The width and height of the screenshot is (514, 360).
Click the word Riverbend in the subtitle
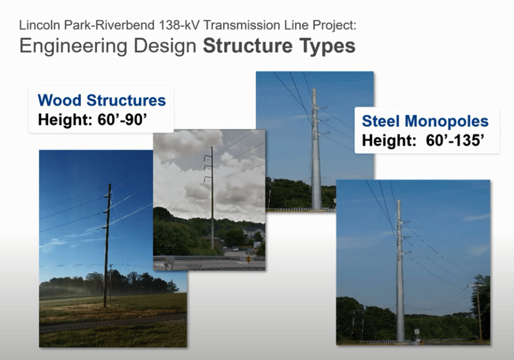point(129,25)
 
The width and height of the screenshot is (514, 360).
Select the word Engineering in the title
point(73,46)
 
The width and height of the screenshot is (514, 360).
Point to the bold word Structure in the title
point(248,46)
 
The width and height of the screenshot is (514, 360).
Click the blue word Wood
point(60,100)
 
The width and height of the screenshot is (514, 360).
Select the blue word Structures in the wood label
point(126,100)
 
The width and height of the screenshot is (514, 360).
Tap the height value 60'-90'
point(122,120)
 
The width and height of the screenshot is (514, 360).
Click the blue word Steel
point(381,121)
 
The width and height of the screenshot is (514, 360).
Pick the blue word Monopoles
point(447,122)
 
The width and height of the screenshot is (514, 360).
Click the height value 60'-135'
point(455,140)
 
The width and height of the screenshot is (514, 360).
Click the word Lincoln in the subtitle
point(40,25)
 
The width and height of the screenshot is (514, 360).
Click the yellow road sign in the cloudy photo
point(249,259)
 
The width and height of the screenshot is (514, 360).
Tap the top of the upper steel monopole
point(314,89)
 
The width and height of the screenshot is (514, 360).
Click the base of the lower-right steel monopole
point(400,340)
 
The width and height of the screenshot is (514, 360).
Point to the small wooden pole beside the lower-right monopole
point(478,312)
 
